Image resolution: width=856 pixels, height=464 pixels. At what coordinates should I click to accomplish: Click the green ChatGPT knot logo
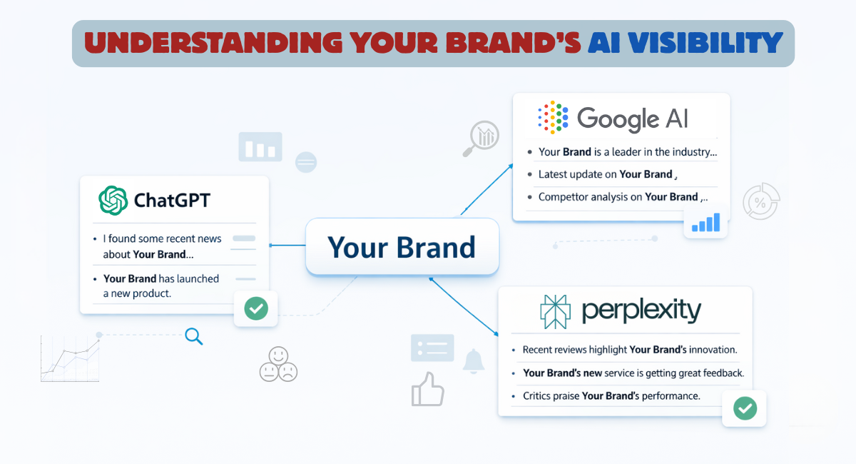[x=113, y=200]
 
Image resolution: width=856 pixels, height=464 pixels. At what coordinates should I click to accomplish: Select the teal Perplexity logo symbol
[x=555, y=311]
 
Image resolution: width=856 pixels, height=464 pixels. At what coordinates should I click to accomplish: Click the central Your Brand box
[x=402, y=247]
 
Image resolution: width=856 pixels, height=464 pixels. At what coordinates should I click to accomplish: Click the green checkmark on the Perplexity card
[x=745, y=408]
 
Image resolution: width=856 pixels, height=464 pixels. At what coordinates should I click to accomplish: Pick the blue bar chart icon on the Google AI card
[x=706, y=222]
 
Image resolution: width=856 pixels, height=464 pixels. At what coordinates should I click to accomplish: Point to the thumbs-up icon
[x=427, y=389]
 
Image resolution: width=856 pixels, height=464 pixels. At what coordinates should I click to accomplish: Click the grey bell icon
[x=473, y=360]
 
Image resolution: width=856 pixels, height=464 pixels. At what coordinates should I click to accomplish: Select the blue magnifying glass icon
[x=193, y=336]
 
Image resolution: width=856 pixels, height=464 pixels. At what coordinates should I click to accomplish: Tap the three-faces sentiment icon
[x=277, y=363]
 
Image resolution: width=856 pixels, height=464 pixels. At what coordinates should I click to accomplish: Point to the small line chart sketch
[x=70, y=358]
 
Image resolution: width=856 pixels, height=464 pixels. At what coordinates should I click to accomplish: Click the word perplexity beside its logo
[x=641, y=311]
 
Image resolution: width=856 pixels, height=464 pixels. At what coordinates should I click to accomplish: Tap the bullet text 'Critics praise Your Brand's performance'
[x=611, y=395]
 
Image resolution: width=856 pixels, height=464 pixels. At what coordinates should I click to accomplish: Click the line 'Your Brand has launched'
[x=161, y=278]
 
